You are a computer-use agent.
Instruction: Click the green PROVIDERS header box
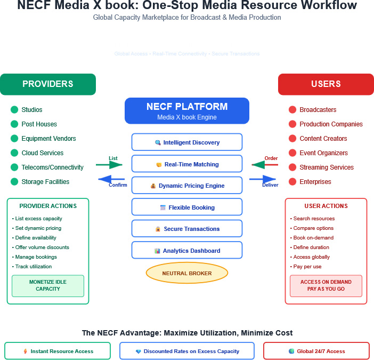pos(48,84)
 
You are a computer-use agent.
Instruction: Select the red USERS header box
pos(326,84)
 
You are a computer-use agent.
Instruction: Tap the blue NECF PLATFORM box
pos(187,111)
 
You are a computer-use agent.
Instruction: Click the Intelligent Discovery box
pos(187,142)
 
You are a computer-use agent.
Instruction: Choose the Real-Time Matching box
pos(187,164)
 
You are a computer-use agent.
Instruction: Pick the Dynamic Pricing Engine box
pos(187,186)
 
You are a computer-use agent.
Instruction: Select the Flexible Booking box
pos(187,207)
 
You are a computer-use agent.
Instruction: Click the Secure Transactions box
pos(187,229)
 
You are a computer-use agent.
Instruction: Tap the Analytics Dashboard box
pos(187,251)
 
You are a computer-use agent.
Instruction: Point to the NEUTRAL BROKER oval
pos(187,274)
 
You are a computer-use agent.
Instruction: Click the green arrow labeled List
pos(110,165)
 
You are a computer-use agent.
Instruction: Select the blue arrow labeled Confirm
pos(112,179)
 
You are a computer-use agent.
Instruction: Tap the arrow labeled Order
pos(265,165)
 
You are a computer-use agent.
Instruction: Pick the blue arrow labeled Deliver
pos(263,179)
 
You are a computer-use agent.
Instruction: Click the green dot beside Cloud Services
pos(14,153)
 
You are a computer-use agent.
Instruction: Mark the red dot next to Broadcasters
pos(292,110)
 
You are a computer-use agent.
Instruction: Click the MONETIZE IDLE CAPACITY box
pos(48,285)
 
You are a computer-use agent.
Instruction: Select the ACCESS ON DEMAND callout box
pos(326,285)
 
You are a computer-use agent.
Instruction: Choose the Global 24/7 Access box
pos(316,351)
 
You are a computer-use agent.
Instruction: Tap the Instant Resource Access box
pos(58,351)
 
